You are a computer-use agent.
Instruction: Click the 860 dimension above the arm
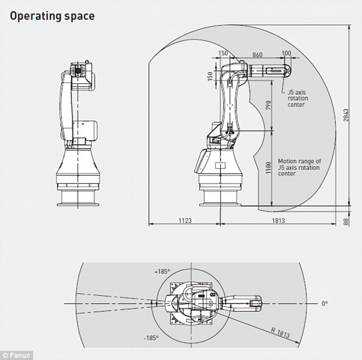pos(258,54)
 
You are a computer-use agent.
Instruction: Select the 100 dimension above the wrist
pos(286,54)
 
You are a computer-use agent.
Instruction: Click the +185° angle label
pos(163,271)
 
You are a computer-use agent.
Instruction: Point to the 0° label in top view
pos(324,303)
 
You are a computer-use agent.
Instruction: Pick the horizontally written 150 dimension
pos(223,54)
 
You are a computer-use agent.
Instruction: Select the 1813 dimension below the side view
pos(277,219)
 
